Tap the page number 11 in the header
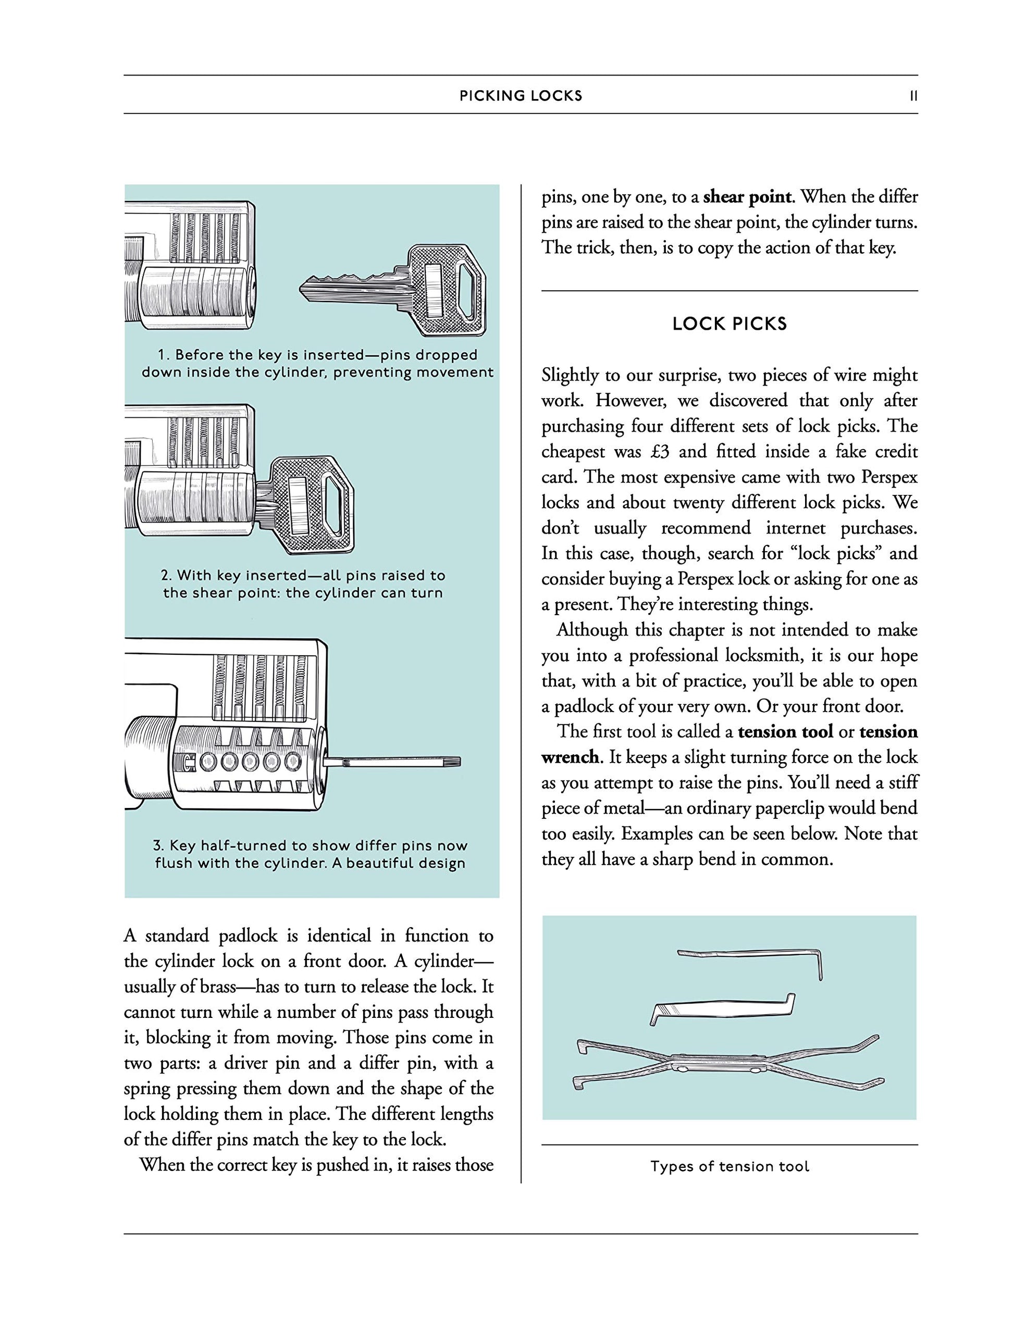(x=913, y=95)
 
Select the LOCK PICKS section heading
(x=729, y=324)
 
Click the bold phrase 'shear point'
(x=747, y=197)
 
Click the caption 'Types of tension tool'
(x=729, y=1166)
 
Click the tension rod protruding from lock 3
(x=392, y=763)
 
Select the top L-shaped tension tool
(x=751, y=958)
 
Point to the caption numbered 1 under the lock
(x=317, y=363)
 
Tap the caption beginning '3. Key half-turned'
(x=310, y=854)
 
